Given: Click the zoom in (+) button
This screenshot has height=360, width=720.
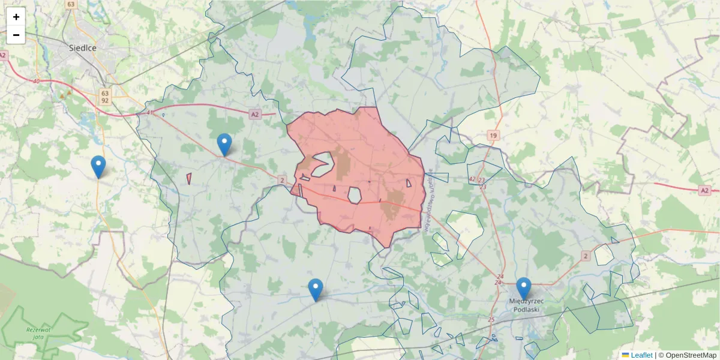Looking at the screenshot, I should point(16,17).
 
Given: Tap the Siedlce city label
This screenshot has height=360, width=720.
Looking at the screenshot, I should point(83,47).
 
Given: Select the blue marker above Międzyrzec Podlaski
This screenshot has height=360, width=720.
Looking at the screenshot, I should point(524,287).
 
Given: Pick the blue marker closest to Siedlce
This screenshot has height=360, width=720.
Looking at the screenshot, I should point(98,166).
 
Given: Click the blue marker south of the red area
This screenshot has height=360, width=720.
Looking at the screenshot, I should point(316,289).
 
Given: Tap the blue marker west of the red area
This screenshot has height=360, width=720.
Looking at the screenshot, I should point(224,143).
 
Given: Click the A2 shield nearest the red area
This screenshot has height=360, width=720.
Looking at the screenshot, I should point(255,114).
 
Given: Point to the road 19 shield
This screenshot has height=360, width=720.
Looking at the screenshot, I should point(493,136).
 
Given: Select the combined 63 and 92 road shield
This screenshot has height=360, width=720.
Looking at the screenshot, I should point(105,97).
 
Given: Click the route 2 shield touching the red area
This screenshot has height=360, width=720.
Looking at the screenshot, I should point(281,179).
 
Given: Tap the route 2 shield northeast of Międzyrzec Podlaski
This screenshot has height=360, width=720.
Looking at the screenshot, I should point(586,256).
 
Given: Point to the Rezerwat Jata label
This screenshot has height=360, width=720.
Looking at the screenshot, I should point(38,334).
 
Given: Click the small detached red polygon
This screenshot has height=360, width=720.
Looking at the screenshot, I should point(189,178).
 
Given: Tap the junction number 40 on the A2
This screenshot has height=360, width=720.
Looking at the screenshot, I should point(37,81).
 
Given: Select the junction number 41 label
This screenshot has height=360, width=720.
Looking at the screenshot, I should point(149,112).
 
